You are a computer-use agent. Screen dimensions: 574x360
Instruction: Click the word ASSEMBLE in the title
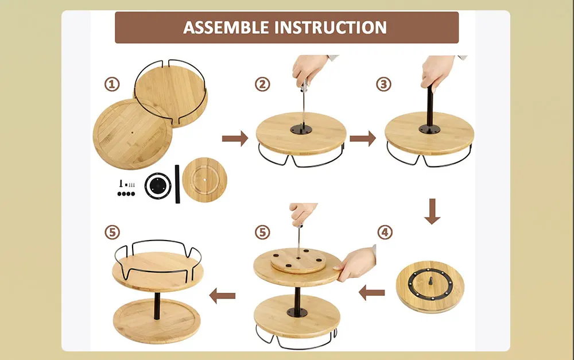click(x=226, y=28)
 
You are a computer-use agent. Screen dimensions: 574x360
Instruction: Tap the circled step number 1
click(x=112, y=84)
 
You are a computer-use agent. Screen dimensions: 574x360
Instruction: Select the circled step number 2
click(x=262, y=84)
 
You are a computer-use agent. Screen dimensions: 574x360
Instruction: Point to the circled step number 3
click(x=383, y=84)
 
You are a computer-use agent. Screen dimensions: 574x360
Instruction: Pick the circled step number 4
click(x=385, y=232)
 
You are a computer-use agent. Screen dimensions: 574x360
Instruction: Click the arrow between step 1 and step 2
click(x=235, y=138)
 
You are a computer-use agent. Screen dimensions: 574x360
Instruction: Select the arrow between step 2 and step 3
click(x=363, y=138)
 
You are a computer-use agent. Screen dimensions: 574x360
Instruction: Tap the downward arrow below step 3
click(x=432, y=211)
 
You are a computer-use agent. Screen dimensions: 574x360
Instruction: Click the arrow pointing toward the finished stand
click(x=222, y=295)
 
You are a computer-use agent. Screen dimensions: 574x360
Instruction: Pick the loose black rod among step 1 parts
click(x=177, y=184)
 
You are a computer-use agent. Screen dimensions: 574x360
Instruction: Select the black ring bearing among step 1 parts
click(x=158, y=185)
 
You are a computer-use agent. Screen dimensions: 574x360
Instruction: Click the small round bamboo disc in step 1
click(x=204, y=180)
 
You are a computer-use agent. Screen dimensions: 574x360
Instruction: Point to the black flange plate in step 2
click(x=301, y=129)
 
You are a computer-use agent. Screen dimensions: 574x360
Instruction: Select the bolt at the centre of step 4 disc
click(x=430, y=281)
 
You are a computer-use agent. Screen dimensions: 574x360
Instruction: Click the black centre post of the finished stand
click(x=157, y=306)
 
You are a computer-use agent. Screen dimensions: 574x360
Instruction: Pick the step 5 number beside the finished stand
click(x=112, y=232)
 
